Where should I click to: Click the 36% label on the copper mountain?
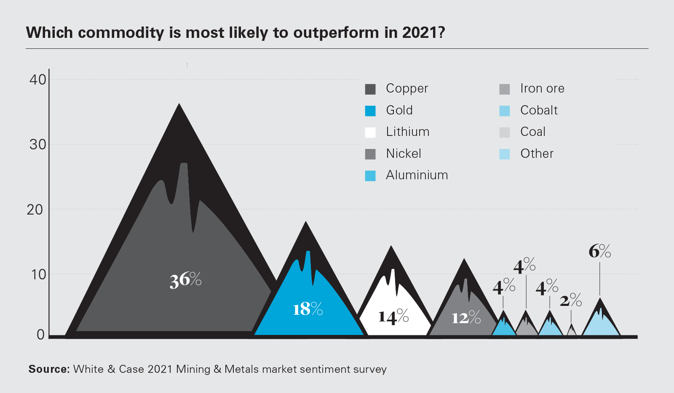click(185, 280)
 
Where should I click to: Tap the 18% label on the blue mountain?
click(308, 309)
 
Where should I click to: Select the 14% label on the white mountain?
click(393, 316)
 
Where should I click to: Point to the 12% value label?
click(466, 318)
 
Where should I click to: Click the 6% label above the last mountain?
click(599, 251)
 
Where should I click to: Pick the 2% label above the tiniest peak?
click(571, 300)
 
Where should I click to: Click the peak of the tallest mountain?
click(179, 105)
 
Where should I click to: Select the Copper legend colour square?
click(370, 89)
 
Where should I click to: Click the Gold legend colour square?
click(370, 111)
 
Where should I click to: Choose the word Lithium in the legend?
click(407, 132)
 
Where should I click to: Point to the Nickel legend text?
click(403, 154)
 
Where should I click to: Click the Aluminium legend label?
click(417, 175)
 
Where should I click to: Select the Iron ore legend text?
click(542, 88)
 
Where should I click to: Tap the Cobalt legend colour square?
click(505, 111)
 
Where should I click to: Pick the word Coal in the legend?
click(533, 132)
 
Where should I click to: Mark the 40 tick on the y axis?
click(37, 80)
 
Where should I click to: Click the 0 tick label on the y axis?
click(40, 335)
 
